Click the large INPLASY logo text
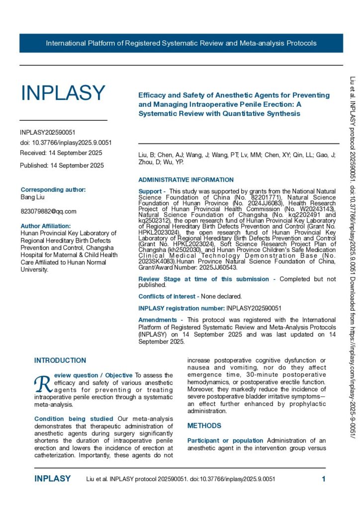63,93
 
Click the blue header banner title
181,43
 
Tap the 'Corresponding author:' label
53,189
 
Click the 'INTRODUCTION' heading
60,360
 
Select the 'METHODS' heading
204,426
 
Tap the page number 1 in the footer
323,479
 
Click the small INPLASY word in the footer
53,479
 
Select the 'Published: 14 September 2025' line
62,166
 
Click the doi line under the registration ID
66,143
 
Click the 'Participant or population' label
225,440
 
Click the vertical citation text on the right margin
353,249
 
